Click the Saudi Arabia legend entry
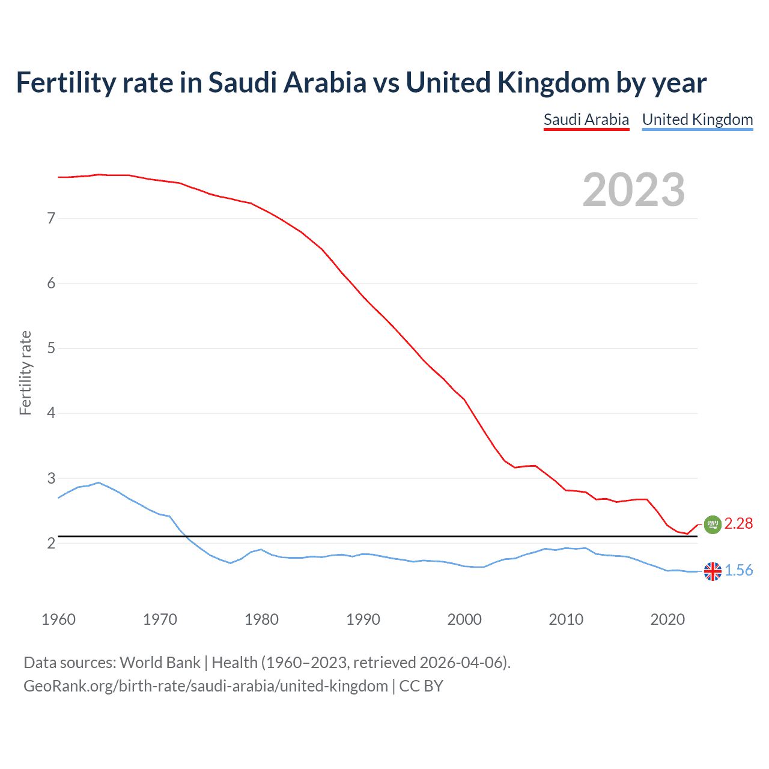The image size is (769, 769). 586,120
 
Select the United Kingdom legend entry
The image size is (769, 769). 697,120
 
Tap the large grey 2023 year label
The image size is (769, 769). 633,190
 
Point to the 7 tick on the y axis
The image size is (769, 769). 51,218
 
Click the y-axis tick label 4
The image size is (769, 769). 51,413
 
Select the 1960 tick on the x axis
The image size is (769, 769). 58,619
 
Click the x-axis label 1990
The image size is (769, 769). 363,619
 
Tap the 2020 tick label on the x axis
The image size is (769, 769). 667,619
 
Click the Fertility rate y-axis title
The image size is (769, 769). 25,372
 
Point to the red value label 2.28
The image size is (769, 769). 738,524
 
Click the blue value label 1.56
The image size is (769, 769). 738,571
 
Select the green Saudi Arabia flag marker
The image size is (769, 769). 713,524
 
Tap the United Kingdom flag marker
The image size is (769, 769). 713,571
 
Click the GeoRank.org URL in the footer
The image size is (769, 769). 205,686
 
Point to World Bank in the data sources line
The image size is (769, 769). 160,663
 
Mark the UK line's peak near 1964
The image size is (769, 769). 99,482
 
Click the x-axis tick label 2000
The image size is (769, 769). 464,619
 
